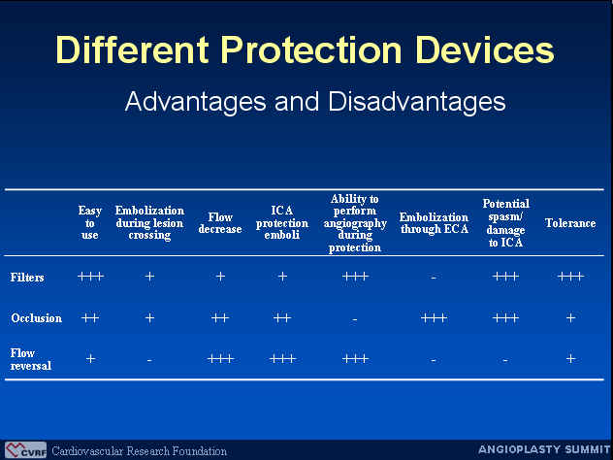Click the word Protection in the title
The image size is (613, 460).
pyautogui.click(x=311, y=50)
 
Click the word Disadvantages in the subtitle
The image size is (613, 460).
pyautogui.click(x=417, y=102)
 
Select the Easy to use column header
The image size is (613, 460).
pyautogui.click(x=89, y=223)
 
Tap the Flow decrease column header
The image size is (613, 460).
pyautogui.click(x=220, y=223)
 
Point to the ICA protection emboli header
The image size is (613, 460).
pyautogui.click(x=282, y=223)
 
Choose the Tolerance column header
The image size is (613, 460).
pyautogui.click(x=570, y=223)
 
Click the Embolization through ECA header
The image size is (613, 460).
pyautogui.click(x=434, y=223)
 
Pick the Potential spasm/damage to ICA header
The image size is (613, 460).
pyautogui.click(x=505, y=223)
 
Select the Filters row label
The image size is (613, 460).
pyautogui.click(x=27, y=278)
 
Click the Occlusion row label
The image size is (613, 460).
pyautogui.click(x=36, y=318)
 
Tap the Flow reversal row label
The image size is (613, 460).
pyautogui.click(x=30, y=359)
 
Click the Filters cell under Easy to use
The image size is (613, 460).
pyautogui.click(x=90, y=277)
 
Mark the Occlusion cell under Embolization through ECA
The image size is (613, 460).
pyautogui.click(x=434, y=317)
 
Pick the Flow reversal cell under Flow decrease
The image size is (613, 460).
pyautogui.click(x=220, y=358)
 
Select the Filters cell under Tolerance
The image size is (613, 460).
pyautogui.click(x=570, y=277)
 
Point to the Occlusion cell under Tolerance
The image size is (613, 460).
pyautogui.click(x=570, y=317)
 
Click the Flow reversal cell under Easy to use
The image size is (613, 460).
pyautogui.click(x=90, y=358)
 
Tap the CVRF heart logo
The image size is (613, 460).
pyautogui.click(x=26, y=450)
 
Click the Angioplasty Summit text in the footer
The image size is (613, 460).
pyautogui.click(x=544, y=449)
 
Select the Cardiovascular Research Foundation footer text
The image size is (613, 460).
pyautogui.click(x=139, y=451)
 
